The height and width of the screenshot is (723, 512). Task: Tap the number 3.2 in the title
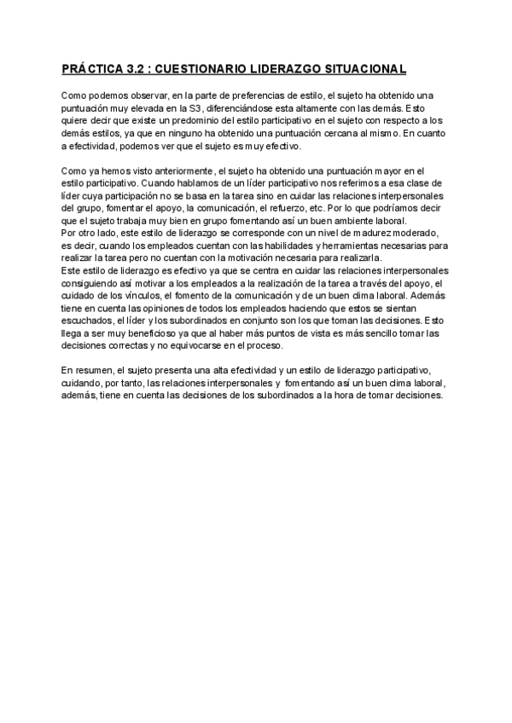(131, 67)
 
